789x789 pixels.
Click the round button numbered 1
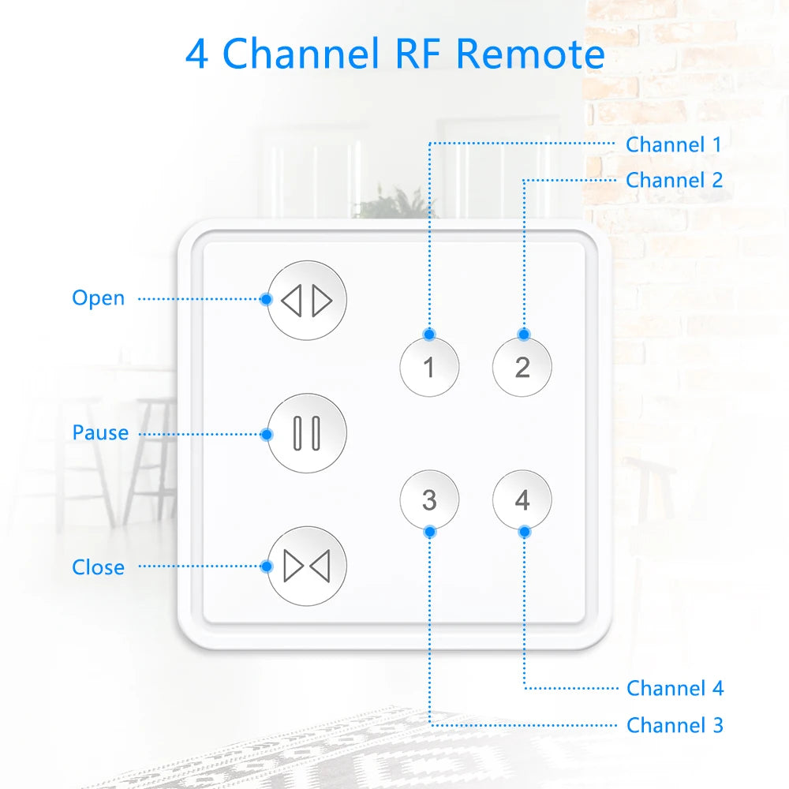(x=429, y=366)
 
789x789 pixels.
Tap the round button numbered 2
(x=522, y=366)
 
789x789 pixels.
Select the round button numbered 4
(x=522, y=499)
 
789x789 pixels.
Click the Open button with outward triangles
(x=307, y=301)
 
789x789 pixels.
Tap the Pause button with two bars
(x=307, y=433)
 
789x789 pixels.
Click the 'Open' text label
(x=98, y=298)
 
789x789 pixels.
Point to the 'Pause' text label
(x=100, y=433)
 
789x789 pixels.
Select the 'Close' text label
(x=98, y=567)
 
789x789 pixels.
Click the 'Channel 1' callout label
(x=673, y=144)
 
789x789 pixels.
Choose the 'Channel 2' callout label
(x=674, y=180)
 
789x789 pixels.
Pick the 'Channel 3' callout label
(x=675, y=724)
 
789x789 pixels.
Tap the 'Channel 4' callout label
(x=675, y=688)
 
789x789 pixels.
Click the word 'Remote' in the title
(x=530, y=54)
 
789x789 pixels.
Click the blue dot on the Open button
(x=267, y=299)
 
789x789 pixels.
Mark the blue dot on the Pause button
(x=267, y=434)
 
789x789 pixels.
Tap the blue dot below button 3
(x=429, y=531)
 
